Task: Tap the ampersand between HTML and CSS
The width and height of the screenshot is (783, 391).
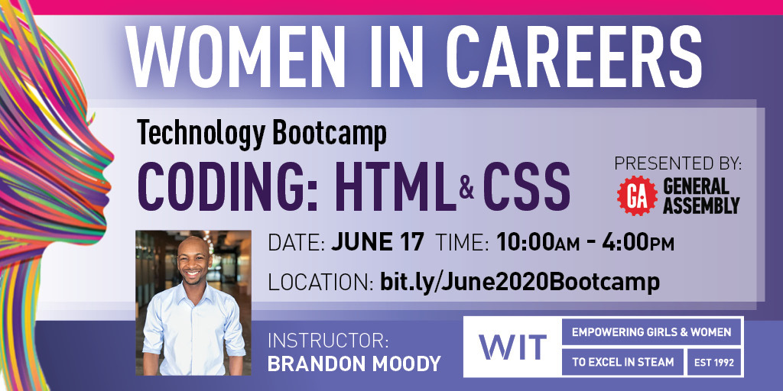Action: coord(466,188)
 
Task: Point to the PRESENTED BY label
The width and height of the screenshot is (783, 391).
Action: coord(677,164)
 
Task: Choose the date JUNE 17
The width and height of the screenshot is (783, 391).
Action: coord(376,243)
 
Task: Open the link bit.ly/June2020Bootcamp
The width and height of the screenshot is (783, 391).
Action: coord(519,282)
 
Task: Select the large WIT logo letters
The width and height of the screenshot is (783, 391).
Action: coord(513,347)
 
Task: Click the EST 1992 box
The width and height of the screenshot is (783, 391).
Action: coord(715,362)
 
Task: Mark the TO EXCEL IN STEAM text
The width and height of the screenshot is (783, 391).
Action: coord(620,362)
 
